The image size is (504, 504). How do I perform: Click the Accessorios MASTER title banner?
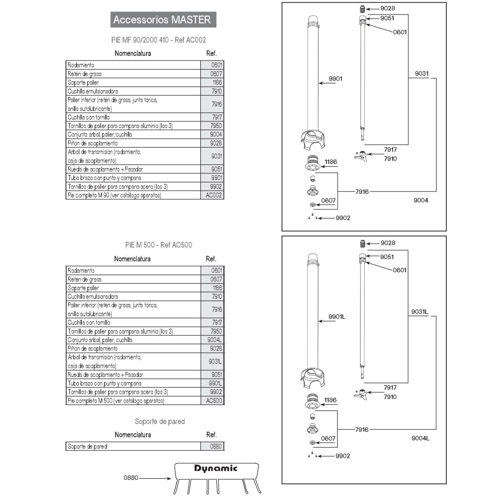click(162, 20)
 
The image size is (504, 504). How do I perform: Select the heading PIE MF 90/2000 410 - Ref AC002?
click(159, 40)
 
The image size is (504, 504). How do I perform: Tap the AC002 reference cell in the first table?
click(214, 195)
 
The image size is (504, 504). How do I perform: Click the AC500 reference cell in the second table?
click(214, 400)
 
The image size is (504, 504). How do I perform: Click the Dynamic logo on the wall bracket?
click(216, 468)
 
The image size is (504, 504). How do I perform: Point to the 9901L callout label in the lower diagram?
click(337, 317)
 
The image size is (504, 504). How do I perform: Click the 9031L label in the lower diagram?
click(419, 312)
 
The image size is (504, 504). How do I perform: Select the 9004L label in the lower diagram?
click(421, 438)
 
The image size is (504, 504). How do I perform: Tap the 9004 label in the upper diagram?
click(421, 200)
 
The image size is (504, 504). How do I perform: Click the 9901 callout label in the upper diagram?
click(335, 79)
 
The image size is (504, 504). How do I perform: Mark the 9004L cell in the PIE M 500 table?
click(214, 340)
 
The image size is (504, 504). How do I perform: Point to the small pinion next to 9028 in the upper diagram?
click(362, 9)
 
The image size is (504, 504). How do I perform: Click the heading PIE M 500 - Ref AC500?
click(159, 245)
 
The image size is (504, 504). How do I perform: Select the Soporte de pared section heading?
click(159, 422)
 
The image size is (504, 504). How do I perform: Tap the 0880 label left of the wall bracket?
click(131, 478)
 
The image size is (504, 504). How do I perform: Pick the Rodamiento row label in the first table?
click(81, 65)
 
